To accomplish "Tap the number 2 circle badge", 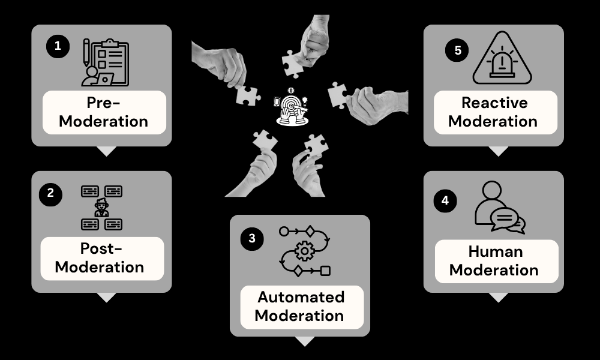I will coord(50,194).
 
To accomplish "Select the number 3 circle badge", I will coord(252,238).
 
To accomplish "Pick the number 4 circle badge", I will coord(445,200).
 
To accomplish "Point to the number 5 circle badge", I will coord(457,50).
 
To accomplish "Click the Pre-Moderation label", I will coord(103,112).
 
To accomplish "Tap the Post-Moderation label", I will coord(100,258).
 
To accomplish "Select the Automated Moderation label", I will coord(301,306).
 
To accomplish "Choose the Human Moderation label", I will coord(494,261).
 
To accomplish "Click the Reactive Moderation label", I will coord(493,112).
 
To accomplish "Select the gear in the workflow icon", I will coord(305,251).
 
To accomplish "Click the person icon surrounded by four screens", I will coord(101,208).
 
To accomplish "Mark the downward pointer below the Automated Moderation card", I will coord(305,341).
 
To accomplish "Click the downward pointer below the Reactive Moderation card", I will coord(498,151).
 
